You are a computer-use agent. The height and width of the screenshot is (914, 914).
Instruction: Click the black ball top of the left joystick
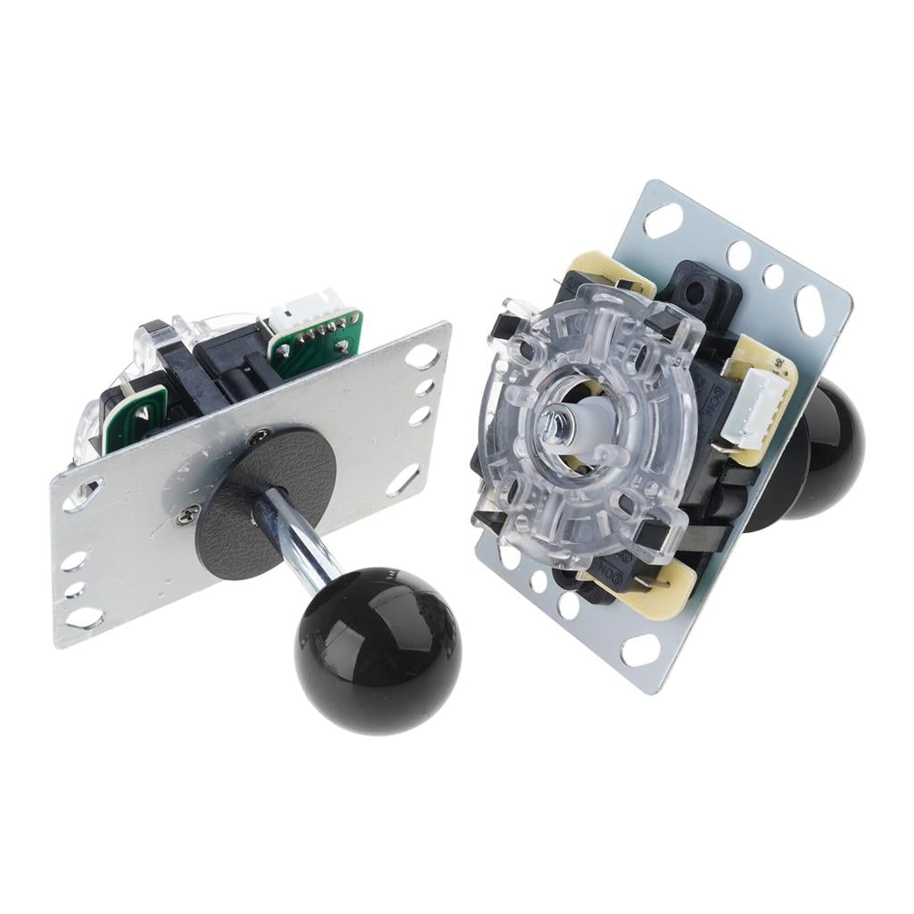coord(378,651)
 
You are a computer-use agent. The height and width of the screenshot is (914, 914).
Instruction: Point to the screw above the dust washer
coord(258,436)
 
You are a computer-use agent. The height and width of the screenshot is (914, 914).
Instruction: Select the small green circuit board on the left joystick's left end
coord(135,416)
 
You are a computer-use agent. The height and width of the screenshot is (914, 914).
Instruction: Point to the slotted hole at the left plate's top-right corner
coord(421,356)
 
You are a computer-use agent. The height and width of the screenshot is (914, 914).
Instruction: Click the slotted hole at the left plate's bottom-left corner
coord(85,617)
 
